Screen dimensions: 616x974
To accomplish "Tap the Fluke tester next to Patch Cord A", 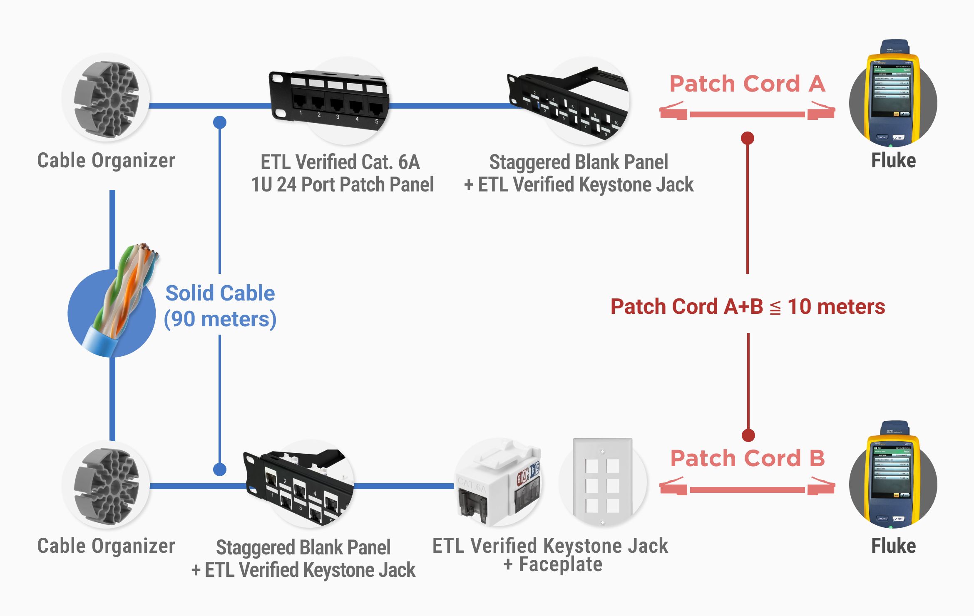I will click(893, 96).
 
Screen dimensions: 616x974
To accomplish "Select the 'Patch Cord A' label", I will click(747, 84).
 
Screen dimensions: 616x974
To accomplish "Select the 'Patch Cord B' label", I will click(747, 459).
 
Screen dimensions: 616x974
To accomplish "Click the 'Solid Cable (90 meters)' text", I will click(220, 306).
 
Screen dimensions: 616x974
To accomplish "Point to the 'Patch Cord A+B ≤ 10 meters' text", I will click(748, 307).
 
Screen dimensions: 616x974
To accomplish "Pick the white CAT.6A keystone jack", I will click(498, 483).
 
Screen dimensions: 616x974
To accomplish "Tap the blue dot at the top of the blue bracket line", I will click(220, 122).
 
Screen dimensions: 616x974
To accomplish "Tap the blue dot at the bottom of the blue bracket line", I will click(220, 469).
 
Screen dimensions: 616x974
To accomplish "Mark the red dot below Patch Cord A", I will click(748, 138).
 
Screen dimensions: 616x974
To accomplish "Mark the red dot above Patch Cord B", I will click(748, 435).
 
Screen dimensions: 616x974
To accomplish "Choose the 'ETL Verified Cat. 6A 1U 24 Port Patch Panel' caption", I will click(342, 173).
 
